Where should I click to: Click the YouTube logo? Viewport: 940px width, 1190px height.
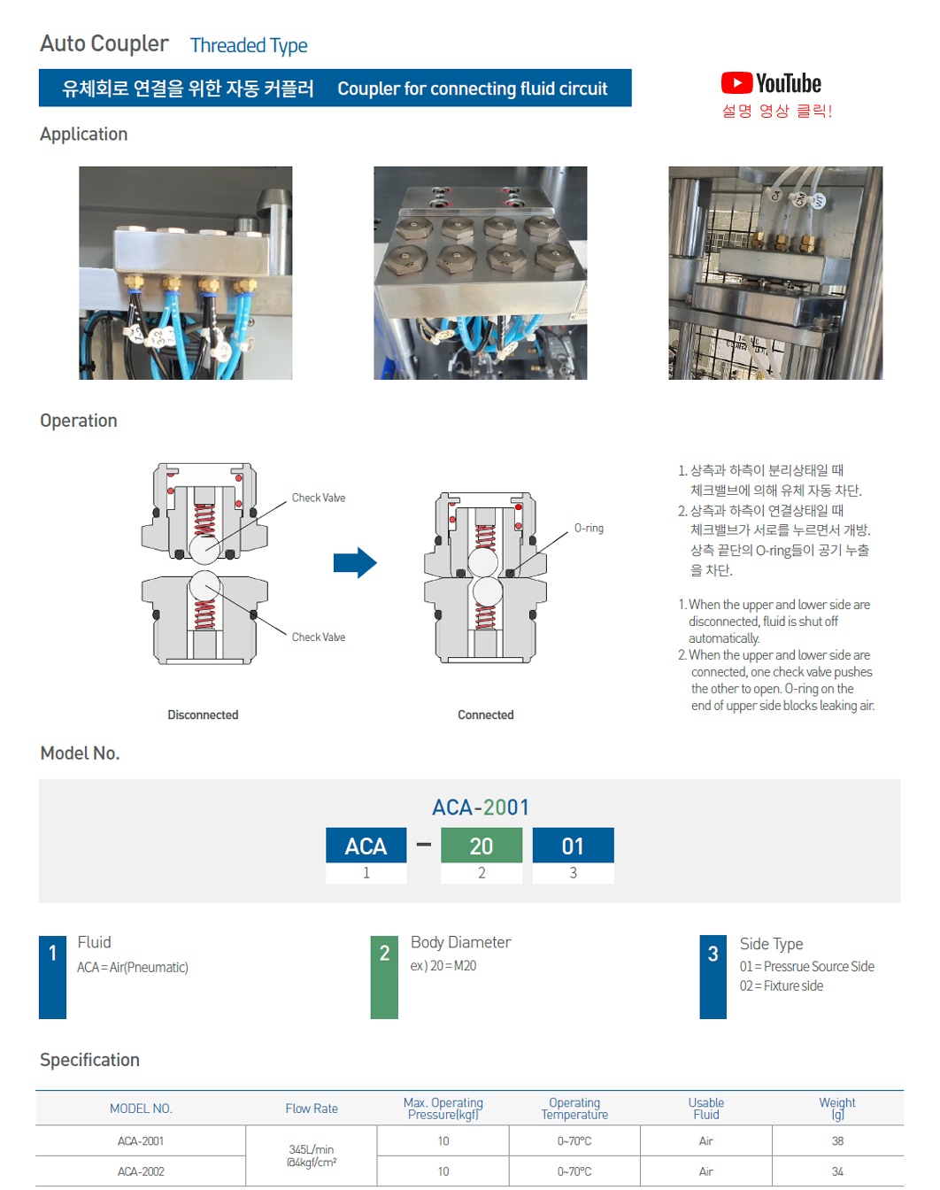pos(771,83)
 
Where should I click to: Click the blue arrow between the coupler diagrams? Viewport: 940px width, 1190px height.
pos(355,562)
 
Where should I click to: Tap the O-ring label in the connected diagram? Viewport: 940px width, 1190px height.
pos(589,529)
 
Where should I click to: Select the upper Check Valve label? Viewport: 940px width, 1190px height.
pos(319,498)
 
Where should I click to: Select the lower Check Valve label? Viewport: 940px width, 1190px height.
pos(319,637)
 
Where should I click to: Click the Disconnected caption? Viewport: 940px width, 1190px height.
pos(203,715)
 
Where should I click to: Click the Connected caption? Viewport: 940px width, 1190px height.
pos(485,715)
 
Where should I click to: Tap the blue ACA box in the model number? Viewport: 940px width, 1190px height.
pos(366,846)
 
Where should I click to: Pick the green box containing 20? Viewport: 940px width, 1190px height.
pos(482,846)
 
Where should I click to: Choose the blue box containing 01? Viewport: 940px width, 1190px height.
pos(573,846)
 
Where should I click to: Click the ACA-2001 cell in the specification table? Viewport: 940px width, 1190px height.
pos(141,1141)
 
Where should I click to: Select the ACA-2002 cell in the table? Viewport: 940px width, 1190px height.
pos(141,1171)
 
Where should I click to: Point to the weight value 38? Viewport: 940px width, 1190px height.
pos(837,1141)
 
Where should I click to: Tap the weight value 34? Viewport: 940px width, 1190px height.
pos(837,1171)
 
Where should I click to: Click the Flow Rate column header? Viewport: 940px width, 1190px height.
pos(312,1109)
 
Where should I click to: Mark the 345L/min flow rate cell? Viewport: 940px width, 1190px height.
pos(312,1155)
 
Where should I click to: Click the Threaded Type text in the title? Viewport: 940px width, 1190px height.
pos(249,45)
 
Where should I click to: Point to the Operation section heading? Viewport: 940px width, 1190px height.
pos(79,421)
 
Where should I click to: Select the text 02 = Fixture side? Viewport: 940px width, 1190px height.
pos(782,986)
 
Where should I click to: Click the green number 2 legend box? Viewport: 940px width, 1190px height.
pos(384,977)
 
